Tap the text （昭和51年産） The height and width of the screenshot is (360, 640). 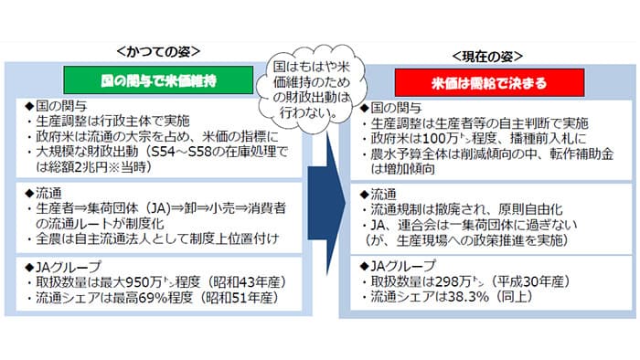pyautogui.click(x=224, y=296)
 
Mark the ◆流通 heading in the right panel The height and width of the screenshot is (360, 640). pyautogui.click(x=376, y=194)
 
